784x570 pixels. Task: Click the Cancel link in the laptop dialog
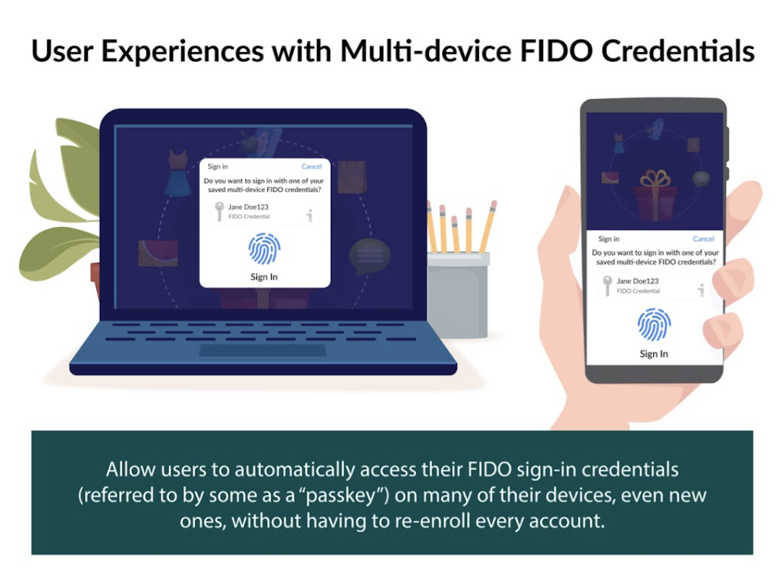click(311, 167)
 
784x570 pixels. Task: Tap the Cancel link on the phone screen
click(703, 239)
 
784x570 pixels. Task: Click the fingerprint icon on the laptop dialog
click(264, 249)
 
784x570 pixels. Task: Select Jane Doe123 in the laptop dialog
click(249, 207)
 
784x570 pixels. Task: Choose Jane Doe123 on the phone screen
click(638, 281)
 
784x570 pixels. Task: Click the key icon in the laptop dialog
click(218, 211)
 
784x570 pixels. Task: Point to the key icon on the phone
click(607, 286)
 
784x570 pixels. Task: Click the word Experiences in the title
click(183, 52)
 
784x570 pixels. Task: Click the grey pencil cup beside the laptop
click(458, 294)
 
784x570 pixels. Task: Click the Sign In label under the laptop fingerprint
click(264, 277)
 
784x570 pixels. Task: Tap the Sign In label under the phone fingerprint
click(654, 354)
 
